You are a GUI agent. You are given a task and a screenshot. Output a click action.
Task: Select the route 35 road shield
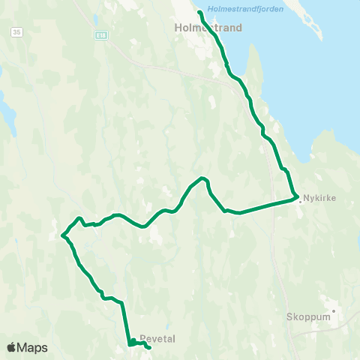(16, 32)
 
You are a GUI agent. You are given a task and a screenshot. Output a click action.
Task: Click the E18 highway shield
(101, 34)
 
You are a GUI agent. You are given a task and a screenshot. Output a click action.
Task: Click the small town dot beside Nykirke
(301, 200)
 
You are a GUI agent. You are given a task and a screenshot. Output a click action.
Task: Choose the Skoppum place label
(307, 316)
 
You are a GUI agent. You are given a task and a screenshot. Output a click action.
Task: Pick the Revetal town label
(157, 339)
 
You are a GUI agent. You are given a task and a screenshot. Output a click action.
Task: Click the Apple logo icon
(11, 347)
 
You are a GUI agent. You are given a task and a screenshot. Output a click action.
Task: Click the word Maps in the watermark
(32, 347)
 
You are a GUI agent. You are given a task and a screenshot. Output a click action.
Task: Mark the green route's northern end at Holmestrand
(199, 13)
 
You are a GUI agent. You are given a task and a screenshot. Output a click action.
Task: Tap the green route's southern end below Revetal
(150, 348)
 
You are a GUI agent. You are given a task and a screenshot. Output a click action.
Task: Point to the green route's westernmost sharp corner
(63, 236)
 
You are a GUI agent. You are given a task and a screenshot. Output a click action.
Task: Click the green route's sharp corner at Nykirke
(297, 198)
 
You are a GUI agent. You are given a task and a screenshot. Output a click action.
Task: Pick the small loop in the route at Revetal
(132, 343)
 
